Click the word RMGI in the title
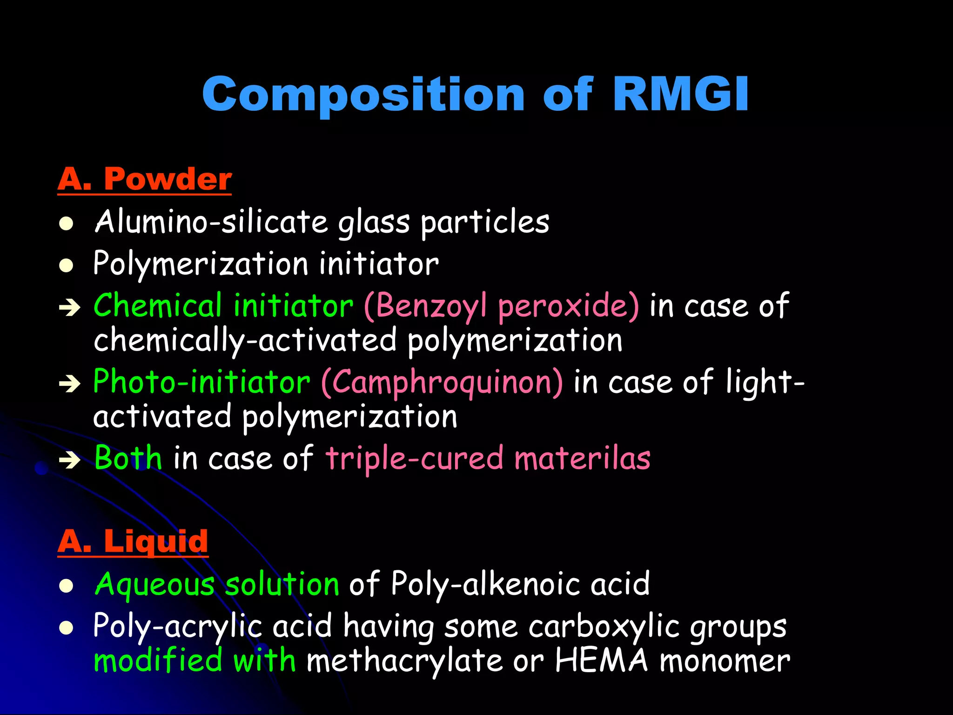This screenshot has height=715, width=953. pos(680,94)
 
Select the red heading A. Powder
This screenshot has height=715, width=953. pos(144,179)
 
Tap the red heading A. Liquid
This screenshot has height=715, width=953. pos(133,541)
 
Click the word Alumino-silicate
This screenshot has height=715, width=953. pos(211,222)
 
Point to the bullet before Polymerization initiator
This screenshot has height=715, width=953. pos(67,265)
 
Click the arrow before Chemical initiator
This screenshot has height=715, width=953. pos(70,308)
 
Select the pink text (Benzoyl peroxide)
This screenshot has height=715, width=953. pos(501,306)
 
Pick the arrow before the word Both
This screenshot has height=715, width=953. pos(70,460)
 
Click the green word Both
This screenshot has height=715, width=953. pos(128,458)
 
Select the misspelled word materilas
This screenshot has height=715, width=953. pos(582,459)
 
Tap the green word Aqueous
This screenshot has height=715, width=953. pos(154,585)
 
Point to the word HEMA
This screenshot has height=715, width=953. pos(601,661)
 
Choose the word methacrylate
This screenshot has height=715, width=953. pos(404,661)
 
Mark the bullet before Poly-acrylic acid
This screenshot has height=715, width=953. pos(67,628)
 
